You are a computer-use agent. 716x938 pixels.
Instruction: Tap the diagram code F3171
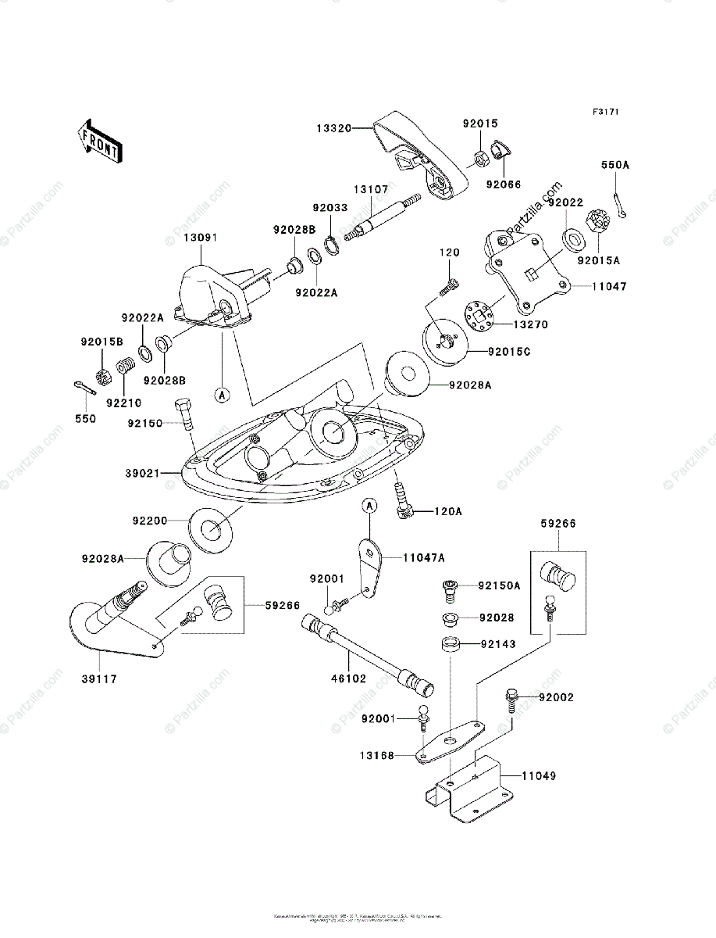[605, 113]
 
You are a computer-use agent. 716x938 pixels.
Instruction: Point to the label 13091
[201, 238]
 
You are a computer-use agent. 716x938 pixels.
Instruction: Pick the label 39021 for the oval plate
[143, 474]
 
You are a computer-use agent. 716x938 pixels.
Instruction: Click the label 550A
[614, 166]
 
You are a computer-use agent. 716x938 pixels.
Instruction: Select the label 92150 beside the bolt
[145, 423]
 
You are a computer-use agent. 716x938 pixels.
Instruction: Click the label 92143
[497, 645]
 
